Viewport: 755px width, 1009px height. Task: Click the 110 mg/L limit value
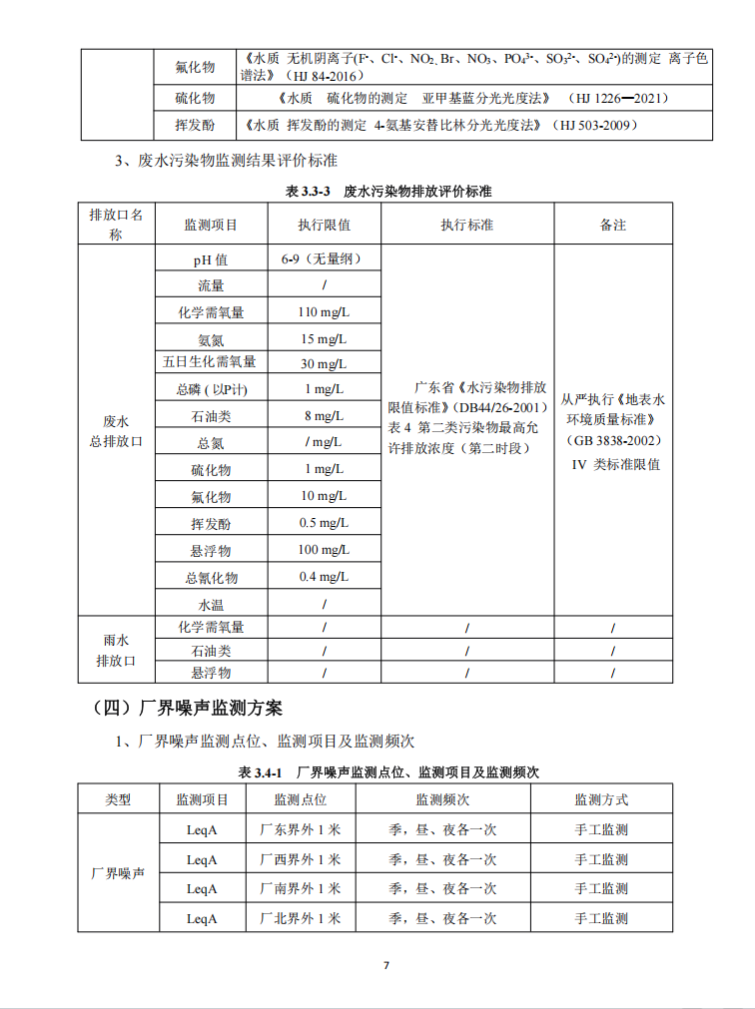[x=324, y=312]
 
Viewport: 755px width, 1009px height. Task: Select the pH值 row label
[x=210, y=259]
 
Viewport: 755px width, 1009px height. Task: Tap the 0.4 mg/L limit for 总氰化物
[x=324, y=577]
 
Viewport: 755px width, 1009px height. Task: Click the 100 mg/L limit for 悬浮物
[x=324, y=550]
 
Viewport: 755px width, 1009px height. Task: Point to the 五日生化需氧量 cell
[x=210, y=361]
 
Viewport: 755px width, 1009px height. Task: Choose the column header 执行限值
[x=324, y=225]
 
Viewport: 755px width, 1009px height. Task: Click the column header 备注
[x=612, y=225]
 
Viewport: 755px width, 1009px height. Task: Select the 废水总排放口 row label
[x=116, y=430]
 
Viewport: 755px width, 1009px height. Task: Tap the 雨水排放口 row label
[x=116, y=650]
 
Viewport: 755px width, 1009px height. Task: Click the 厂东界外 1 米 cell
[x=300, y=829]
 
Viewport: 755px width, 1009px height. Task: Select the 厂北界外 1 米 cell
[x=300, y=918]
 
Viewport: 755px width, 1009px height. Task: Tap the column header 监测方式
[x=601, y=799]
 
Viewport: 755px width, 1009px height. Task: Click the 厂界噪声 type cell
[x=118, y=873]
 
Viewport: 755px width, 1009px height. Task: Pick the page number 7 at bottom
[x=385, y=965]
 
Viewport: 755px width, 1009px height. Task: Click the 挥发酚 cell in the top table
[x=195, y=126]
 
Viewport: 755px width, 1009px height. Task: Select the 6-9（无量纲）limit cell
[x=322, y=259]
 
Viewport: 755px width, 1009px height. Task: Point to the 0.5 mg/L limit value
[x=324, y=523]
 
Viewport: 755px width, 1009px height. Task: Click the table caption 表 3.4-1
[x=391, y=772]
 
